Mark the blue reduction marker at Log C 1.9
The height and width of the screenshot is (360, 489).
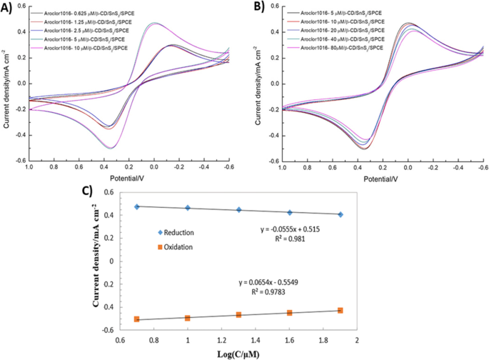pyautogui.click(x=340, y=214)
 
